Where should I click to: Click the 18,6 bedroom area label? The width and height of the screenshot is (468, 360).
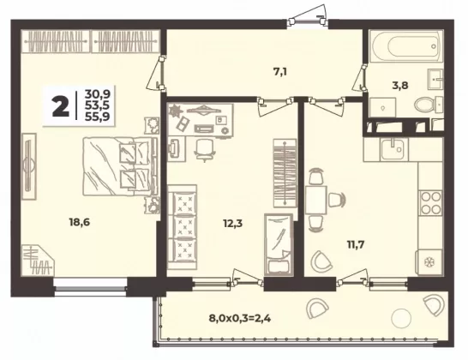pyautogui.click(x=80, y=222)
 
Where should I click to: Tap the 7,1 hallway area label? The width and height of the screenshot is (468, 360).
pyautogui.click(x=280, y=72)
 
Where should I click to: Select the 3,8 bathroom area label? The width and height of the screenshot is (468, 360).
pyautogui.click(x=400, y=86)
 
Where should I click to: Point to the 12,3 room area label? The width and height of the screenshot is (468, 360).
pyautogui.click(x=233, y=223)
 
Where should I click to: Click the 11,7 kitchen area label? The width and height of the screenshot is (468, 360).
pyautogui.click(x=355, y=245)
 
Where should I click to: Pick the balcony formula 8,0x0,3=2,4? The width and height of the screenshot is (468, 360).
pyautogui.click(x=240, y=319)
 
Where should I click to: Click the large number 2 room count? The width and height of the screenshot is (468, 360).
pyautogui.click(x=61, y=106)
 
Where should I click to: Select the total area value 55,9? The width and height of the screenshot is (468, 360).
pyautogui.click(x=98, y=117)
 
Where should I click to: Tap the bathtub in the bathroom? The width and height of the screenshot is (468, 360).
pyautogui.click(x=406, y=45)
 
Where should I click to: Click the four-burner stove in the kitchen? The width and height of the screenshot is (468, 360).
pyautogui.click(x=430, y=203)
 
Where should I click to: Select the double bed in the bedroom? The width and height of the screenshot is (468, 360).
pyautogui.click(x=119, y=166)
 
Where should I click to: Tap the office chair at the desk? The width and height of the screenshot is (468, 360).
pyautogui.click(x=205, y=150)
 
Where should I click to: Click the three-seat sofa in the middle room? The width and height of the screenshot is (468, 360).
pyautogui.click(x=182, y=227)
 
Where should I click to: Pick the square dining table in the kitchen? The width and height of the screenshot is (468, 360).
pyautogui.click(x=316, y=200)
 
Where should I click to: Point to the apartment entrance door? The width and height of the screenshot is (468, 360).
pyautogui.click(x=308, y=17)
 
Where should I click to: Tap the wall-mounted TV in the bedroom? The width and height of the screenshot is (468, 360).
pyautogui.click(x=29, y=166)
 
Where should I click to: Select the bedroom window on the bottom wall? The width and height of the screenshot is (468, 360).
pyautogui.click(x=91, y=287)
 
